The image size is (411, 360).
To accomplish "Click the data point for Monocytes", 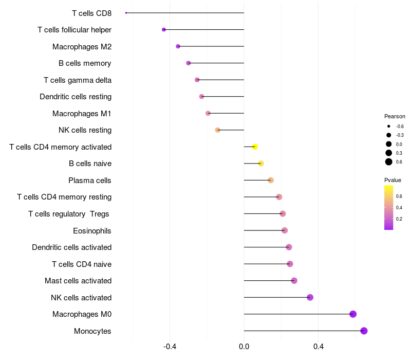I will click(x=364, y=331).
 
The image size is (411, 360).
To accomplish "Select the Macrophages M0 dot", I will click(x=353, y=314).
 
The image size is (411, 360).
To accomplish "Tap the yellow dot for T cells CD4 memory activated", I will click(x=255, y=147).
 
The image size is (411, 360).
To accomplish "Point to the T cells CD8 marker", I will click(x=126, y=13).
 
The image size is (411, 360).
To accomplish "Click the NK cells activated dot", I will click(x=310, y=297).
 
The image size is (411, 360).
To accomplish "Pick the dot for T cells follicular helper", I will click(x=164, y=30).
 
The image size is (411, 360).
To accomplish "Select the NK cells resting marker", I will click(x=218, y=130).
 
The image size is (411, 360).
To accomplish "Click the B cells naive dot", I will click(x=261, y=164).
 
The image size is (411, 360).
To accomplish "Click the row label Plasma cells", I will click(x=90, y=181).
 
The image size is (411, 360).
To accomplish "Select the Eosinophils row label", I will click(x=92, y=230).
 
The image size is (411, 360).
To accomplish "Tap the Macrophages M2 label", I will click(x=82, y=47).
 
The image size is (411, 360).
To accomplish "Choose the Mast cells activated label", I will click(x=78, y=281).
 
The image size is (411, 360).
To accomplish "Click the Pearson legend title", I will click(x=395, y=116).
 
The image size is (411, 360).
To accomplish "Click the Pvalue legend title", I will click(x=393, y=180).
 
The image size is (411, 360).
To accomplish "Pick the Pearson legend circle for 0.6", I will click(x=389, y=162).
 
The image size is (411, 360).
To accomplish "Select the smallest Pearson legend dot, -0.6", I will click(x=389, y=126).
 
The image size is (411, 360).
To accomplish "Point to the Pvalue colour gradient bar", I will click(x=389, y=207).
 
